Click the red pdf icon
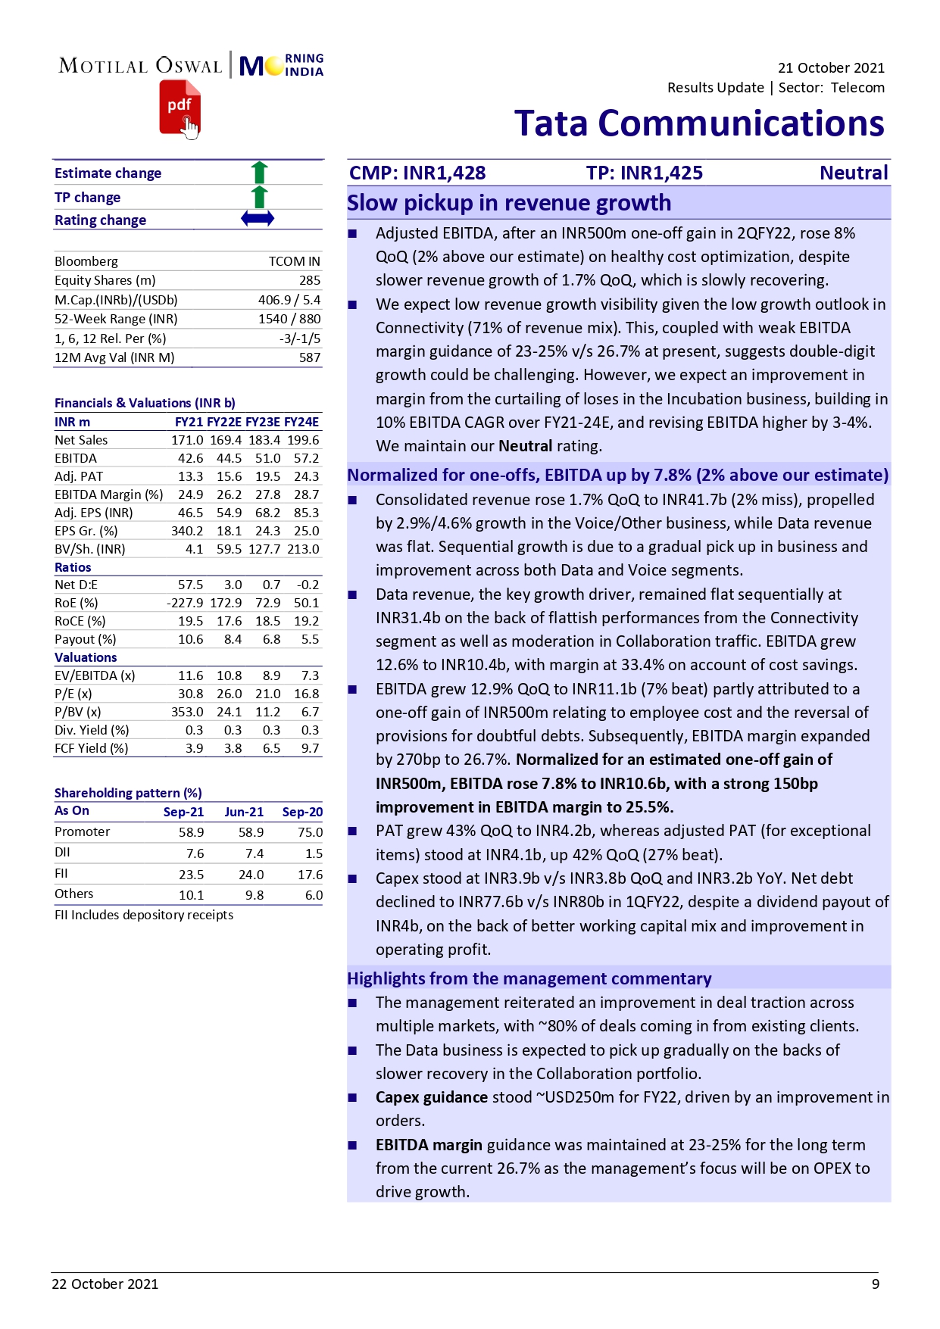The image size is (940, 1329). tap(180, 108)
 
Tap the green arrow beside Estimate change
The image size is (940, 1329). tap(259, 173)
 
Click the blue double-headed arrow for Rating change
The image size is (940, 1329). tap(258, 219)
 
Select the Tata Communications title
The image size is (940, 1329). tap(698, 123)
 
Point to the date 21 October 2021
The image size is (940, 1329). tap(830, 67)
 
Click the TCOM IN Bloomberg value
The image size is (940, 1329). tap(294, 261)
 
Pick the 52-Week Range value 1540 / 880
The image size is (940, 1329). tap(289, 319)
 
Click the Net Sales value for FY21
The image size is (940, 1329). tap(187, 440)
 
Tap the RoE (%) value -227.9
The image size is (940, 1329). tap(185, 603)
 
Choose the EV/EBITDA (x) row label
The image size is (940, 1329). tap(95, 675)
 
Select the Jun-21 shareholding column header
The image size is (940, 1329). tap(244, 812)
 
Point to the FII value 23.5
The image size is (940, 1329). tap(191, 874)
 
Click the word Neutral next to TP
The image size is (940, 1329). tap(853, 173)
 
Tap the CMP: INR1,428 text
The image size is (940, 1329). tap(417, 173)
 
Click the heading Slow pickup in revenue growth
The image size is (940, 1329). tap(509, 203)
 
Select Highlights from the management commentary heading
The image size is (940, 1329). tap(529, 978)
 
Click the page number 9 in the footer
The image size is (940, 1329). tap(875, 1284)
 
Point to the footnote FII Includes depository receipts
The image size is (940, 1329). tap(144, 915)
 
